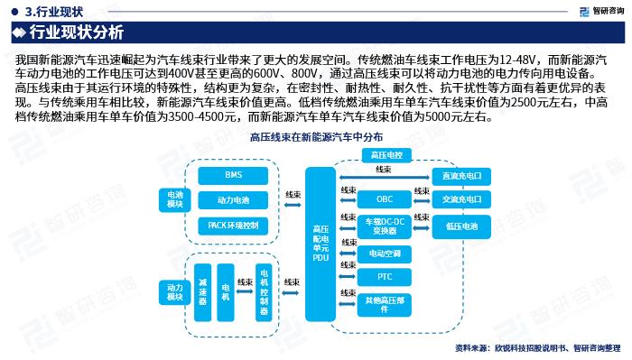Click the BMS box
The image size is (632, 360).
(234, 175)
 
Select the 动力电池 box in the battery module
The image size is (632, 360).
(234, 199)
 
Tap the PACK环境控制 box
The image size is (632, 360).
(234, 225)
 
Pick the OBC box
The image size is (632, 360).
(385, 198)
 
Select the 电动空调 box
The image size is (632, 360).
(385, 254)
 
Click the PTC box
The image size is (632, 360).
(385, 276)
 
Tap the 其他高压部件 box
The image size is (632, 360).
(385, 304)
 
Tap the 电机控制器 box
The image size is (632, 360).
(264, 289)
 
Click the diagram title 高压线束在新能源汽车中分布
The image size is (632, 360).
(315, 136)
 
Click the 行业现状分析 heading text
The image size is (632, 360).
(77, 33)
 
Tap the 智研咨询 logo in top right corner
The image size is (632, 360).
(597, 10)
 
